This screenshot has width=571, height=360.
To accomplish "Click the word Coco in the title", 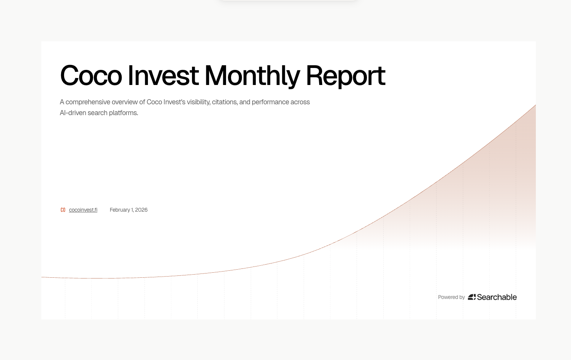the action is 91,75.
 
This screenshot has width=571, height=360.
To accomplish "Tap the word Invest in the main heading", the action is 163,75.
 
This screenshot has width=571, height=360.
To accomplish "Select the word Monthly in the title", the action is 252,76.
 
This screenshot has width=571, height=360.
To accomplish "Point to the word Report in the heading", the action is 345,76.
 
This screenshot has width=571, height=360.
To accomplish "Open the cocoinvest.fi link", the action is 83,210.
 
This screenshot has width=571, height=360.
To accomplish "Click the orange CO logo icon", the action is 63,210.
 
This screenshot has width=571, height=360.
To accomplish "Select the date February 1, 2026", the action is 129,210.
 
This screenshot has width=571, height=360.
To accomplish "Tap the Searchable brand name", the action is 497,297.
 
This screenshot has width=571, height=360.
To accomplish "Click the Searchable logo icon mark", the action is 472,297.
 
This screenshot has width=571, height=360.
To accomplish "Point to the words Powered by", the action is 452,297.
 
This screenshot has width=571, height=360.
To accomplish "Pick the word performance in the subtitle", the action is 270,102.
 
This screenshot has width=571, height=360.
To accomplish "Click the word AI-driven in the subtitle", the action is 73,113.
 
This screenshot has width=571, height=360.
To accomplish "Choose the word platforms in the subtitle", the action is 123,113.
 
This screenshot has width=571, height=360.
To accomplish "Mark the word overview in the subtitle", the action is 124,102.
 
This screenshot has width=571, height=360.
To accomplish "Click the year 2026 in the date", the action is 141,210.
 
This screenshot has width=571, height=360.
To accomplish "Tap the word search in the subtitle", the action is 97,113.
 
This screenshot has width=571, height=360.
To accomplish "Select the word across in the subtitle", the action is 300,102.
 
